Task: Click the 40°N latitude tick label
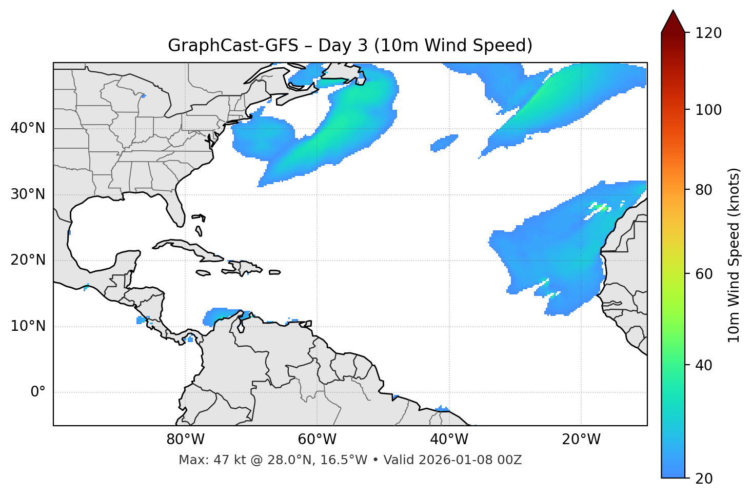[28, 128]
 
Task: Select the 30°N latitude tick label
[28, 194]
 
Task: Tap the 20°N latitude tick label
[28, 260]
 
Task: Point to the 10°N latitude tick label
[28, 326]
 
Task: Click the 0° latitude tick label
[38, 392]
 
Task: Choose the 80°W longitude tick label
[185, 440]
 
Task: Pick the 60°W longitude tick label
[317, 440]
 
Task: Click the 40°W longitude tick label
[449, 440]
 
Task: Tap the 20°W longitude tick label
[581, 440]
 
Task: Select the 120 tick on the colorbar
[708, 33]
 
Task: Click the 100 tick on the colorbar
[708, 110]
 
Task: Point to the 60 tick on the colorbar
[704, 274]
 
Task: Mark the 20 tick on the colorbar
[704, 479]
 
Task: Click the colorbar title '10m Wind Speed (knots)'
[734, 255]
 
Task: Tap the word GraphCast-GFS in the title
[233, 46]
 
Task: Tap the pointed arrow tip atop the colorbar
[673, 12]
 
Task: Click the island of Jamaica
[204, 273]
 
